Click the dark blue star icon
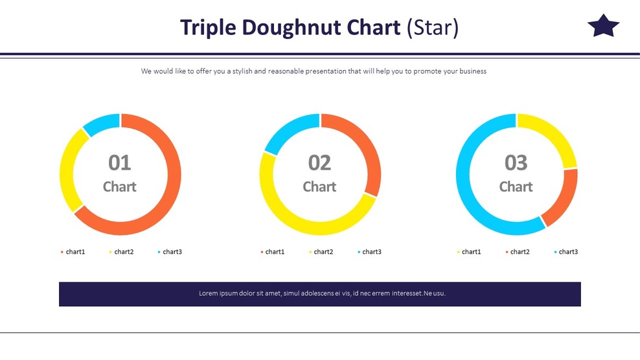(603, 27)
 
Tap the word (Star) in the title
(433, 28)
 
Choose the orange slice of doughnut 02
(367, 149)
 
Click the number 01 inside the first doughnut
(120, 163)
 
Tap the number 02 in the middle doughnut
(320, 163)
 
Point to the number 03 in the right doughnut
(516, 163)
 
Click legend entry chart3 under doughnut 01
(172, 252)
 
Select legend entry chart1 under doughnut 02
(275, 252)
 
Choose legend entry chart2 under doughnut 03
(520, 252)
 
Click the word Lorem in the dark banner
(209, 293)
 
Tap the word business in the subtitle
(473, 71)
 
